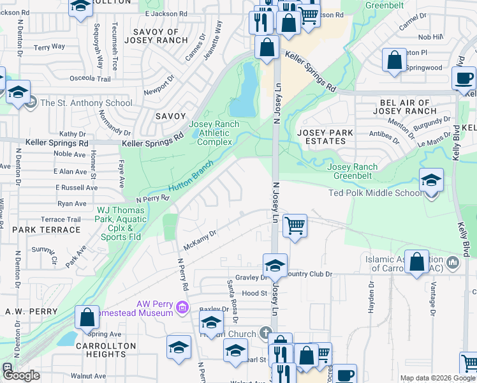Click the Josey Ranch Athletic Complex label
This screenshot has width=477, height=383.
[x=214, y=133]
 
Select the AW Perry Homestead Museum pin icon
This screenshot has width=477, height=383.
[x=184, y=308]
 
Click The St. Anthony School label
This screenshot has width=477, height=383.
[x=86, y=103]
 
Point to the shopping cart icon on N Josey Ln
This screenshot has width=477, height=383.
[x=295, y=225]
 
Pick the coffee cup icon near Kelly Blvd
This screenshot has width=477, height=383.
[x=464, y=79]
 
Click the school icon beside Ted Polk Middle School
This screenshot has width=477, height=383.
[x=432, y=181]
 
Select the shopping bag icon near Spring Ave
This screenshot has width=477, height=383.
[x=87, y=318]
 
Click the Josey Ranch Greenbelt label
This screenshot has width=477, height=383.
[x=353, y=171]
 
